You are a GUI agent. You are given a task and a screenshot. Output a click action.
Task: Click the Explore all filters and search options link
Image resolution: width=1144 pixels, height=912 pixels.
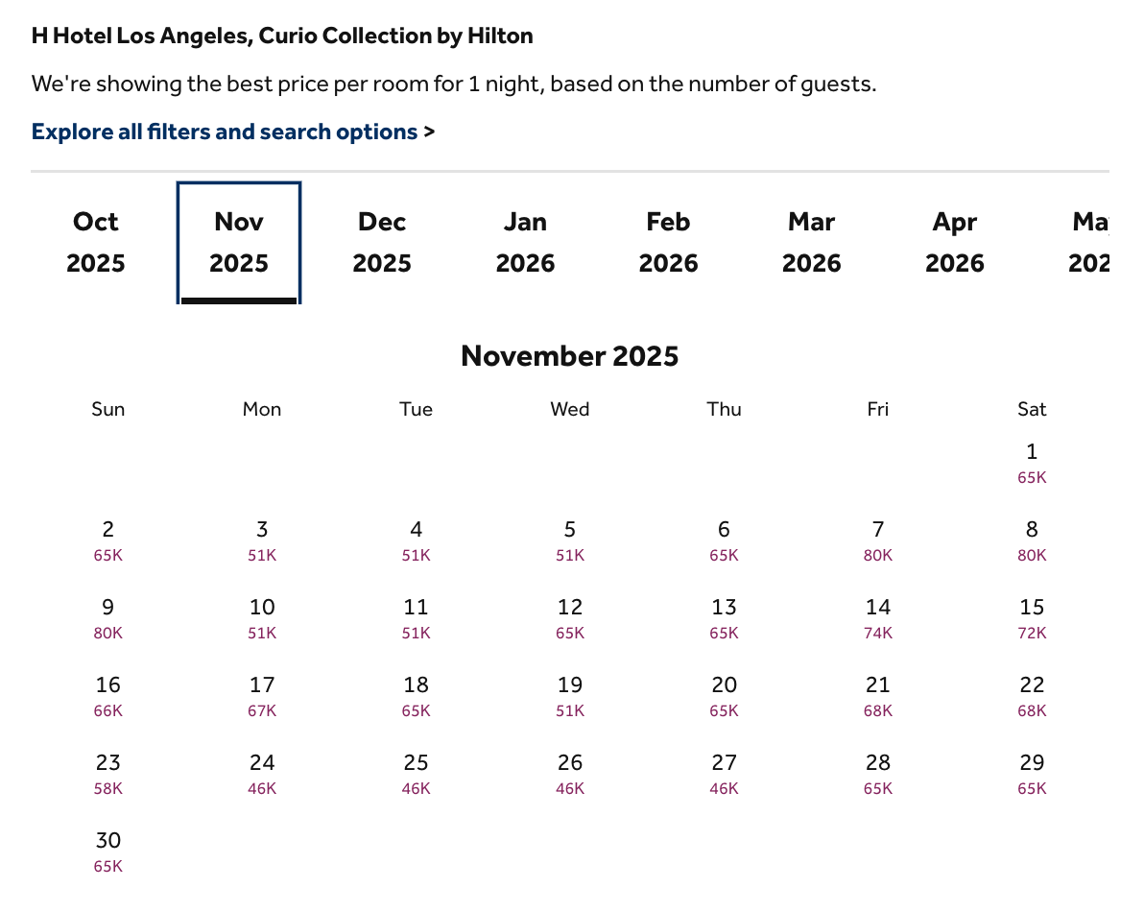point(225,132)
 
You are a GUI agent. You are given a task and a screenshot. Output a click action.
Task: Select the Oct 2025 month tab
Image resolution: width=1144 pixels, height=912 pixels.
point(96,242)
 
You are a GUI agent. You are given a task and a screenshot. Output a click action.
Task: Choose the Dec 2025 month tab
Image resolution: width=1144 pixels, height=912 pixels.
point(382,242)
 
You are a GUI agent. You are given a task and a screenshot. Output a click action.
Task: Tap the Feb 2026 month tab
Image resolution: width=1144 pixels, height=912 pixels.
point(668,242)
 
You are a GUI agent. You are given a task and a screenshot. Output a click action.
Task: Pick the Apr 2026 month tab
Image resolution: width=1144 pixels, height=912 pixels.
point(954,242)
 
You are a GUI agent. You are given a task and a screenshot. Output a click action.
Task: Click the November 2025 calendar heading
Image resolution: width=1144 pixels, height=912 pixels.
point(569,356)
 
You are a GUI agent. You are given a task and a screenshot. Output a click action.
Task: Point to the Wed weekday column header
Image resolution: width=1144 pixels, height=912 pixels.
point(569,409)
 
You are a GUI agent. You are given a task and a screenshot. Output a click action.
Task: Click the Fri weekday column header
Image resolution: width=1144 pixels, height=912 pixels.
point(877,409)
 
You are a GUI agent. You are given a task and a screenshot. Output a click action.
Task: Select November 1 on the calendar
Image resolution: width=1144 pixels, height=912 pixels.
point(1032,452)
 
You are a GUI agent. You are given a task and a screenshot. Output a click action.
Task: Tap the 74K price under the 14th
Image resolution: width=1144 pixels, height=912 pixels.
point(877,634)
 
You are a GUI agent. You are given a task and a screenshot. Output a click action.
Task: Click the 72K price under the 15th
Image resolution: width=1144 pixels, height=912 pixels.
point(1032,634)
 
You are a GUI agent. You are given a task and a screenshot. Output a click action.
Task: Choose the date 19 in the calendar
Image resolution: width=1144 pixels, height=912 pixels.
point(569,685)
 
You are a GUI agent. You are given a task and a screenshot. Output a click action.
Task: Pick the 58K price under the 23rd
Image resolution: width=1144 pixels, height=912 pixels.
point(108,789)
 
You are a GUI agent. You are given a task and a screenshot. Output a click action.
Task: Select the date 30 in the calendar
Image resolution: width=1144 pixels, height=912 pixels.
point(108,841)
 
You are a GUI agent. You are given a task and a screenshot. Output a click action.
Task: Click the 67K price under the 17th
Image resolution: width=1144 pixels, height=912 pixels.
point(262,711)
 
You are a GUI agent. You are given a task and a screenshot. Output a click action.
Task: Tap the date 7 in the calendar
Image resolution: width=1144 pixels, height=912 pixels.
point(877,530)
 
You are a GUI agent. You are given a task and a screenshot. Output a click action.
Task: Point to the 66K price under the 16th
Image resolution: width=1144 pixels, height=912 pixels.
point(108,711)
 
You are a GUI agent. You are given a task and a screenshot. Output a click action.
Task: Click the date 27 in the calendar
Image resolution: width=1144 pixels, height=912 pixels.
point(724,763)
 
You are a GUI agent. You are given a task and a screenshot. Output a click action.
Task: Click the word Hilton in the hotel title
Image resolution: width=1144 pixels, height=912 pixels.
point(499,36)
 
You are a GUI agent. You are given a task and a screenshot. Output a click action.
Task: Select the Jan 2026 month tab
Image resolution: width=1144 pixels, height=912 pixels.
point(525,242)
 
